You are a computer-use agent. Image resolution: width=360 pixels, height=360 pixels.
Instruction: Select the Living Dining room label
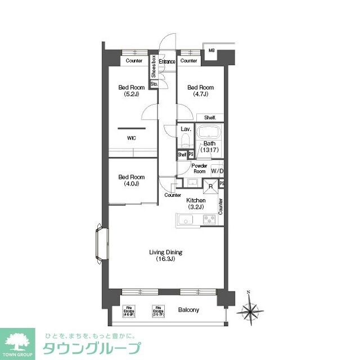[x=166, y=255]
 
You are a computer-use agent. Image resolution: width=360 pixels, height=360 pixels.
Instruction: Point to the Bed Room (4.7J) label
[x=200, y=91]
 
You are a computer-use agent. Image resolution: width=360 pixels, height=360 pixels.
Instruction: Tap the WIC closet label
[x=130, y=138]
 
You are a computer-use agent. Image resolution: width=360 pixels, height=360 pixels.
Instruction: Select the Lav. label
[x=186, y=129]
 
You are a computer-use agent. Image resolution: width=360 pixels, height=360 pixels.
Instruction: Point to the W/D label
[x=217, y=171]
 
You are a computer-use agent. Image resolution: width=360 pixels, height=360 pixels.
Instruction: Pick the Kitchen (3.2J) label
[x=196, y=204]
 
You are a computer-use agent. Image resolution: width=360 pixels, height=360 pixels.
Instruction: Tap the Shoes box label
[x=153, y=67]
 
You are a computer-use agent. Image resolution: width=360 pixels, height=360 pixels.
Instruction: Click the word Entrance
[x=167, y=61]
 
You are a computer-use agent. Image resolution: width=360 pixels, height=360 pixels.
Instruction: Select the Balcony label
[x=188, y=309]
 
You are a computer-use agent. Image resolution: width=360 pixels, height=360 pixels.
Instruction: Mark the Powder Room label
[x=199, y=168]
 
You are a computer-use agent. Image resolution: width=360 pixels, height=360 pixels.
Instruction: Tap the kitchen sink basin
[x=186, y=220]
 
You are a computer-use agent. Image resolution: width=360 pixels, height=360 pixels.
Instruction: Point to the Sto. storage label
[x=153, y=85]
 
